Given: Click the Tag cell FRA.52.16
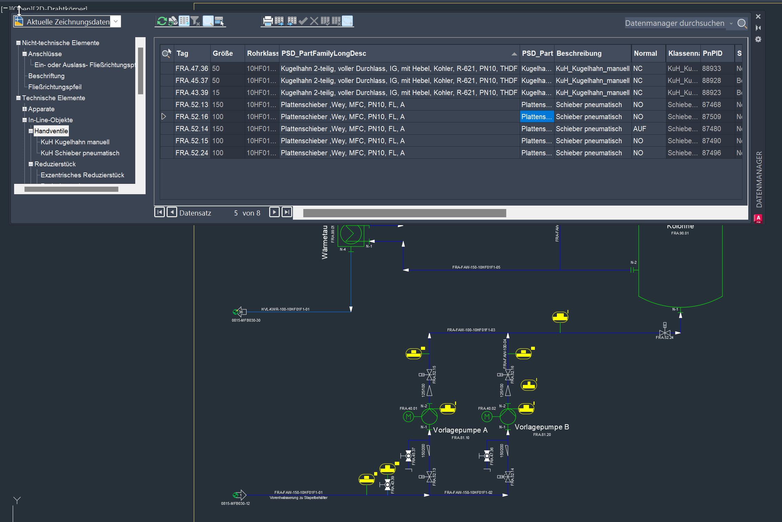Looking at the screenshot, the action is [x=192, y=117].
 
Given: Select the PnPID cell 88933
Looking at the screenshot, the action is [x=711, y=69].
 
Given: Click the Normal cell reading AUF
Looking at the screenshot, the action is [x=640, y=129].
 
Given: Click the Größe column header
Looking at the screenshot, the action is [x=223, y=53].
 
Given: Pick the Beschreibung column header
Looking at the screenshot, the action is [x=579, y=53].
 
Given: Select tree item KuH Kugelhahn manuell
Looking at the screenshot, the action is [x=75, y=142].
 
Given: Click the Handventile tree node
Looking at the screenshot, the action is [x=51, y=131].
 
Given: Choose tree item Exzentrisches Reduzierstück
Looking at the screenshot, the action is [x=82, y=175].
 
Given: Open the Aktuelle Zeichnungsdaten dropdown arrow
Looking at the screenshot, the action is [x=116, y=21].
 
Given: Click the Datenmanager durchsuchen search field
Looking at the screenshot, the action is [x=675, y=23].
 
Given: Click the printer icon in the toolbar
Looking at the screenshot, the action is [x=267, y=21].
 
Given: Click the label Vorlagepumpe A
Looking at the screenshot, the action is [x=460, y=430].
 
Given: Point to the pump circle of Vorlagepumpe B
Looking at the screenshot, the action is [x=508, y=417].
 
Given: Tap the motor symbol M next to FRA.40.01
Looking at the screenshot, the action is [x=409, y=417].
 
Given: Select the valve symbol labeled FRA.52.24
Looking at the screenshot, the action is [x=665, y=332].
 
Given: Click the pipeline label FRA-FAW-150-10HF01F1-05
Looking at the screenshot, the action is [x=476, y=267].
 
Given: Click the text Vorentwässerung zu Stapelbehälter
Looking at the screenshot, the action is [x=298, y=498].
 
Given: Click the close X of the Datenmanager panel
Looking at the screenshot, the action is [x=758, y=17].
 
